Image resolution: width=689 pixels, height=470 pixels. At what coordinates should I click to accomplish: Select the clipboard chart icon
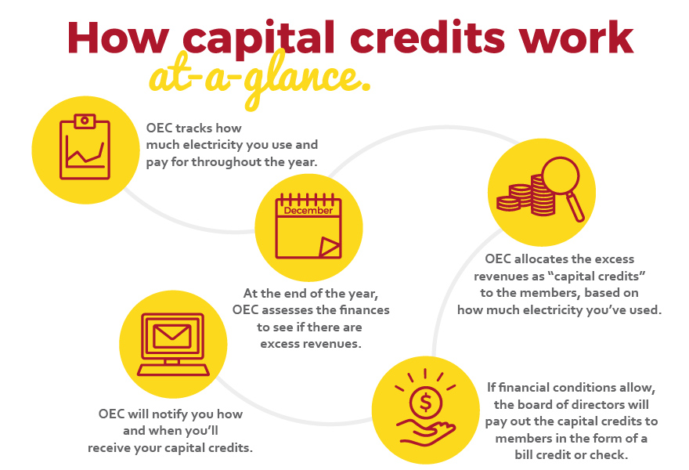tap(85, 147)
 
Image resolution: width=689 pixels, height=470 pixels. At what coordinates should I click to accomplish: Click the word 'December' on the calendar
tap(308, 211)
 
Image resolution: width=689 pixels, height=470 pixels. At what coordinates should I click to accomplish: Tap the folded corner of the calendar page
tap(329, 246)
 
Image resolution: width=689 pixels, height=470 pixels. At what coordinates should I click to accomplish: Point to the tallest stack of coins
tap(543, 195)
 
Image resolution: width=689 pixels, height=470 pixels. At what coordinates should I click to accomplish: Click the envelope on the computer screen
tap(171, 335)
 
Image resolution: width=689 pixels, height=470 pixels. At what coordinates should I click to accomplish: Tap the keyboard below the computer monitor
tap(173, 371)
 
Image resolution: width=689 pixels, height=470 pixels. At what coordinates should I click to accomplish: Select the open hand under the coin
tap(425, 432)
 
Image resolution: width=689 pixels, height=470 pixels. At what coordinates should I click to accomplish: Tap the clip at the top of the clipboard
tap(85, 121)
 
